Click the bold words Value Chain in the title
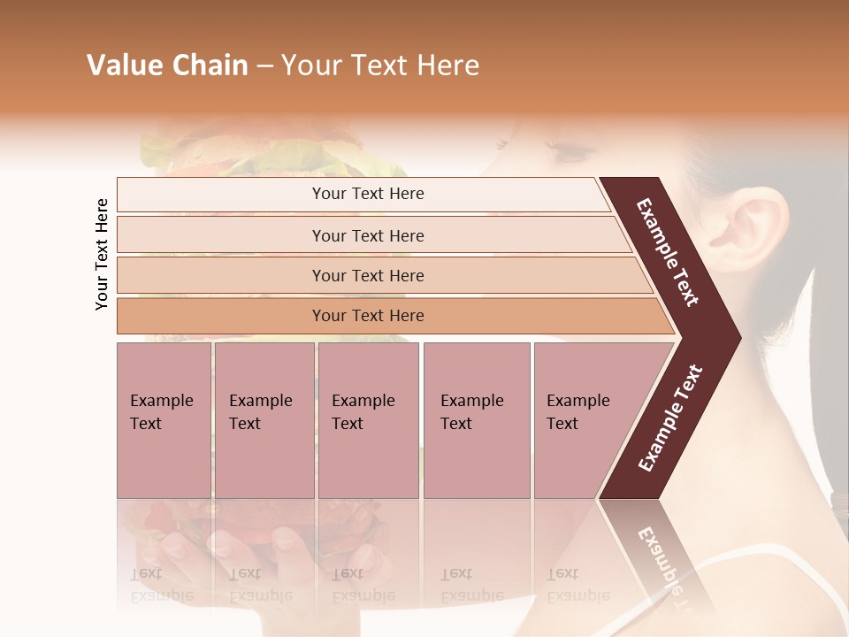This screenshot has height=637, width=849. pyautogui.click(x=167, y=65)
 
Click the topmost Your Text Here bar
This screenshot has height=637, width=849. pyautogui.click(x=367, y=194)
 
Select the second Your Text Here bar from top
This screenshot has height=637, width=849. pyautogui.click(x=367, y=235)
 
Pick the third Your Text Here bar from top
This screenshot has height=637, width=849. pyautogui.click(x=367, y=275)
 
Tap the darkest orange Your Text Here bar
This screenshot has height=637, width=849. pyautogui.click(x=367, y=316)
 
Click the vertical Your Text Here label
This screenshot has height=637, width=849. pyautogui.click(x=103, y=254)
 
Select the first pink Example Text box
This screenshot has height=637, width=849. pyautogui.click(x=164, y=420)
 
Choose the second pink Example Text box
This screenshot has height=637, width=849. pyautogui.click(x=264, y=420)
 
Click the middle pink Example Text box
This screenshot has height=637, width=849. pyautogui.click(x=368, y=420)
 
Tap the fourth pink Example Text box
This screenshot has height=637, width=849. pyautogui.click(x=476, y=420)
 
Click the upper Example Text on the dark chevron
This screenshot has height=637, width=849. pyautogui.click(x=668, y=252)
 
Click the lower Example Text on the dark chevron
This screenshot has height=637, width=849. pyautogui.click(x=670, y=418)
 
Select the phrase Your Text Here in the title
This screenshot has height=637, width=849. pyautogui.click(x=380, y=65)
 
